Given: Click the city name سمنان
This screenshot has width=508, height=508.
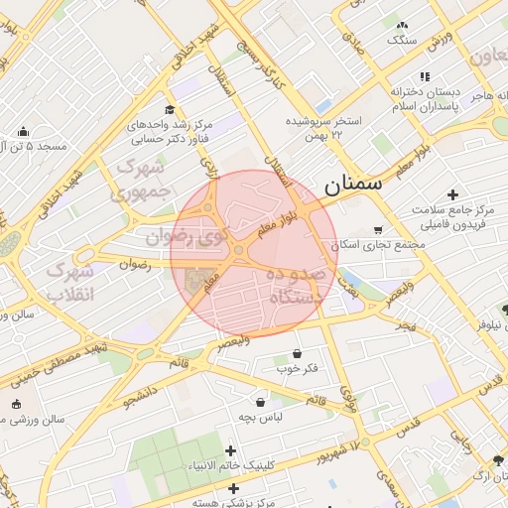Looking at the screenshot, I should [351, 185].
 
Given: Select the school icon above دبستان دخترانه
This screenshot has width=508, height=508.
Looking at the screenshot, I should [425, 76].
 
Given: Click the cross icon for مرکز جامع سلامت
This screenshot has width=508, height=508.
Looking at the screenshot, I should [453, 194].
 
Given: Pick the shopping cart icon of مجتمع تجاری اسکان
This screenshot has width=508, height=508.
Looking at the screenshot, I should [377, 229].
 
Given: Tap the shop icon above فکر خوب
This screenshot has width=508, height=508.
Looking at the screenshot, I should [298, 354].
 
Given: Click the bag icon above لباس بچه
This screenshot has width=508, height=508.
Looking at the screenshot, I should [260, 402].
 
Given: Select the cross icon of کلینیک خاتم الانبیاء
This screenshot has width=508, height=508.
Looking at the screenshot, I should [231, 451].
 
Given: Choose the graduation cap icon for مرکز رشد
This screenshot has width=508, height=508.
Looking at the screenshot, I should [170, 109].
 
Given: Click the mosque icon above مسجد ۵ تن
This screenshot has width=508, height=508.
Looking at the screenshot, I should [23, 131].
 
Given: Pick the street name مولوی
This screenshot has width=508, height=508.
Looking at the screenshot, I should [346, 397].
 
